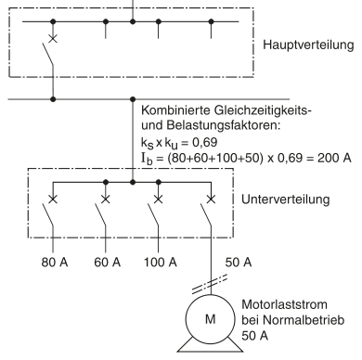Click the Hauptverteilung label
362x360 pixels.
coord(308,45)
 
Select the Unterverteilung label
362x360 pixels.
coord(285,199)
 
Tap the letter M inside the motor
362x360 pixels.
coord(211,319)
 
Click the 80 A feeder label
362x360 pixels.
coord(55,263)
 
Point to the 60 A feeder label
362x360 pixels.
coord(107,263)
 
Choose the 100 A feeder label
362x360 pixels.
coord(161,263)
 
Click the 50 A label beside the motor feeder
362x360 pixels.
coord(239,263)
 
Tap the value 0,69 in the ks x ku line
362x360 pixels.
coord(205,142)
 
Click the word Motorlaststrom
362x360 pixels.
coord(284,304)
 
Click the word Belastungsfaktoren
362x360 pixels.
coord(223,125)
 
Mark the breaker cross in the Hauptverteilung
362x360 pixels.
coord(53,39)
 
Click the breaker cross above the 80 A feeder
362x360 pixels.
coord(53,199)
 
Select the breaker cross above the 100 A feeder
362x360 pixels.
coord(159,199)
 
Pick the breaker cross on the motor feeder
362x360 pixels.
coord(211,199)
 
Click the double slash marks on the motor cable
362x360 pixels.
coord(210,284)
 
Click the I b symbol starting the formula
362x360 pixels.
coord(147,159)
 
